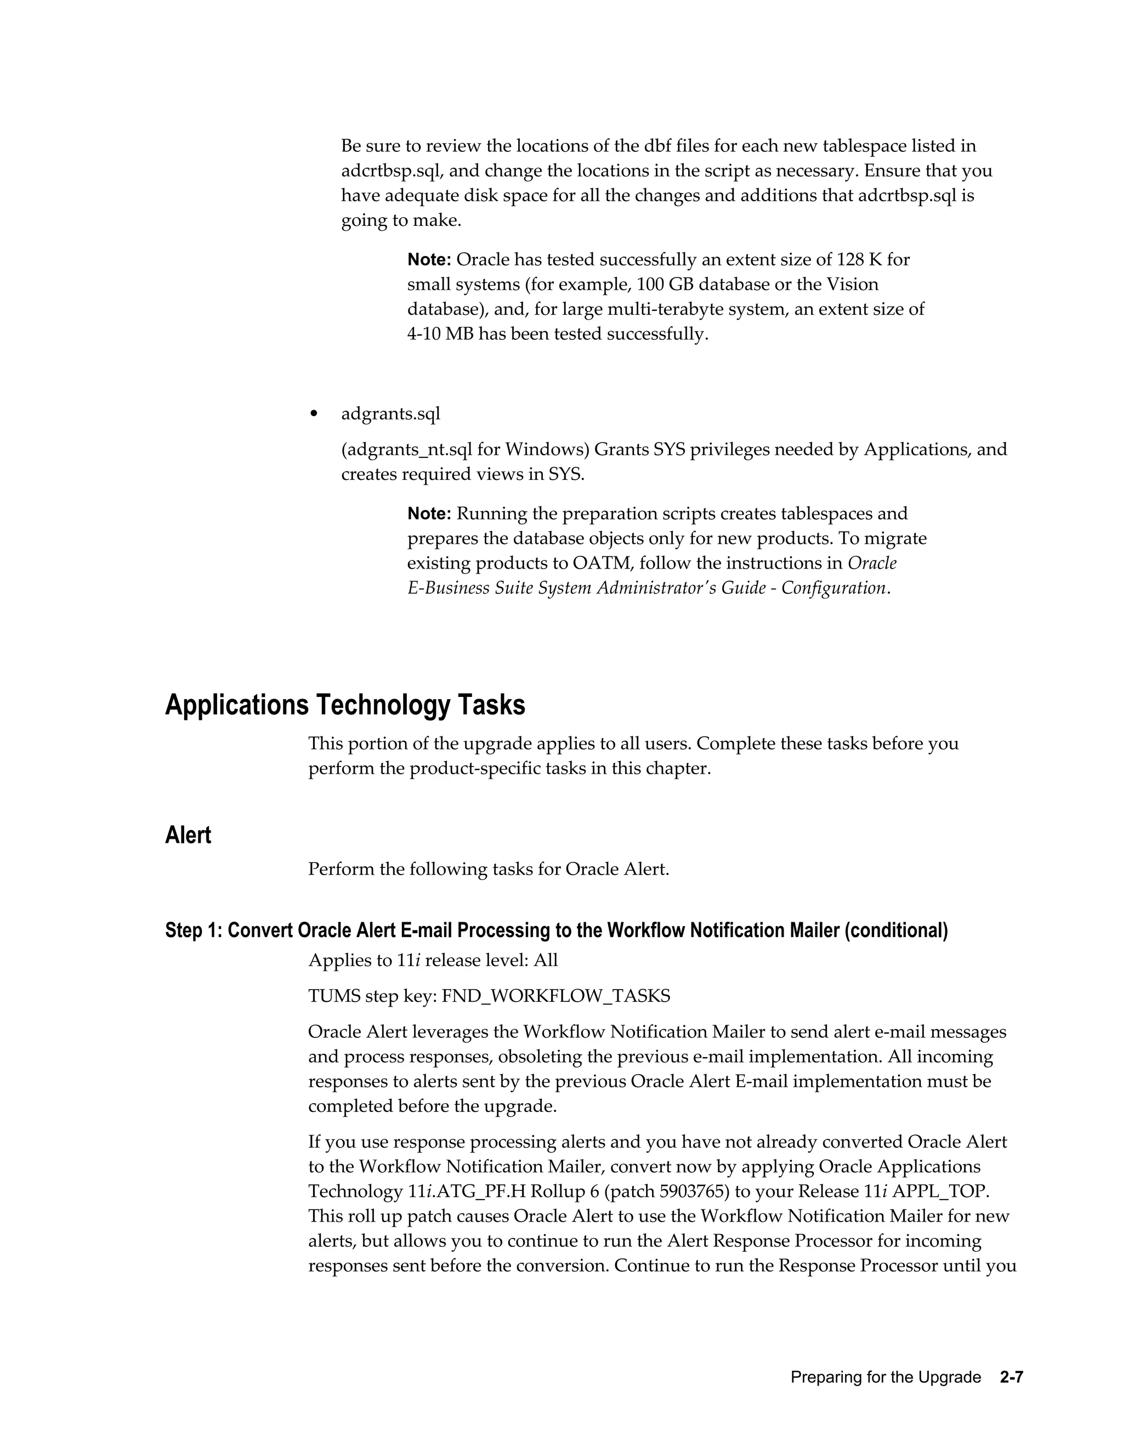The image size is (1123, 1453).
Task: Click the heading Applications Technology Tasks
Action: pyautogui.click(x=344, y=705)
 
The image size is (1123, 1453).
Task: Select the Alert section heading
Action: pyautogui.click(x=188, y=835)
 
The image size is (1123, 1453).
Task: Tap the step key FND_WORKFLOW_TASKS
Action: pyautogui.click(x=556, y=996)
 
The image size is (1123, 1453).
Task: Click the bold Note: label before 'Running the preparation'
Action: pyautogui.click(x=429, y=514)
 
